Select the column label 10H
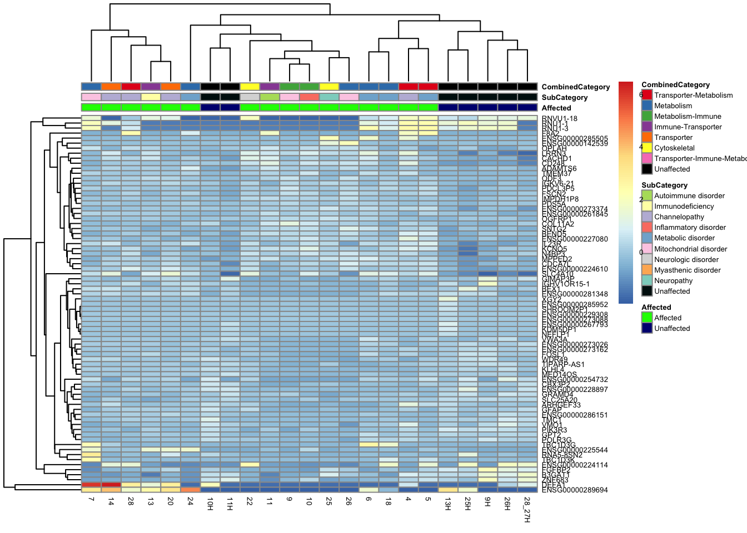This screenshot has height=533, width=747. tap(210, 504)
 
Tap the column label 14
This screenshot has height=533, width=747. tap(111, 501)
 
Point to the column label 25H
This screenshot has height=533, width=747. tap(467, 504)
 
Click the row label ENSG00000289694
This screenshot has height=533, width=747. tap(575, 490)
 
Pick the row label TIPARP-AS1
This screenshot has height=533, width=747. tap(563, 365)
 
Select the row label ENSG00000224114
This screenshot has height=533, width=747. tap(575, 465)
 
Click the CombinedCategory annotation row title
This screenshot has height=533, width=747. tap(575, 87)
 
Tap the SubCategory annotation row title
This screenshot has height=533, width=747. tap(564, 98)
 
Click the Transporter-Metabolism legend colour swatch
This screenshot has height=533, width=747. tap(646, 95)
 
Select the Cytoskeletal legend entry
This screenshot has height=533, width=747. tap(674, 148)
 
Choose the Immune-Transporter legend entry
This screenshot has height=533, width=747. tap(688, 127)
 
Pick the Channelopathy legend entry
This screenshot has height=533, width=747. tap(679, 217)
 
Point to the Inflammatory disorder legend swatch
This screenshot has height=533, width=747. tap(646, 227)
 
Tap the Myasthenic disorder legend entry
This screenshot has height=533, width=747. tap(687, 270)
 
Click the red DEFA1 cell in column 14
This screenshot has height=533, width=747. tap(111, 485)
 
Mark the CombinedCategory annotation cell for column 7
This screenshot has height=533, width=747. tap(91, 87)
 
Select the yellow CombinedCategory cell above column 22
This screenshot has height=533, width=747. tap(250, 87)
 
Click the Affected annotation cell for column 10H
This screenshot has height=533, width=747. tap(210, 108)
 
